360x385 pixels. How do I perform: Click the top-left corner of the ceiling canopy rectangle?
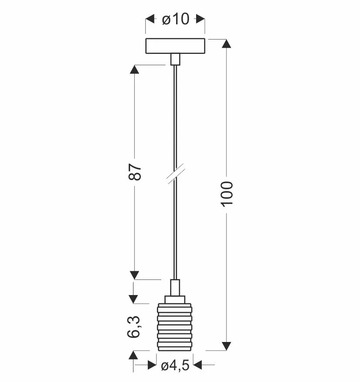[x=146, y=39]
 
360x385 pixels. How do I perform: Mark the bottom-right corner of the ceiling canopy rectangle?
[x=205, y=53]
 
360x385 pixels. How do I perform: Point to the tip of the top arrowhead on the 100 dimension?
[x=227, y=39]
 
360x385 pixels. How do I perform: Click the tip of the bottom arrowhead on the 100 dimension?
[x=227, y=350]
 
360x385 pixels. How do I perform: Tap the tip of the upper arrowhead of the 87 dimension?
[x=134, y=65]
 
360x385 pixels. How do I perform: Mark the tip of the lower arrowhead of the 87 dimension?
[x=134, y=279]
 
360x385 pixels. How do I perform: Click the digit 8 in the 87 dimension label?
[x=135, y=176]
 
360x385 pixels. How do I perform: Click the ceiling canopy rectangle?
[x=175, y=46]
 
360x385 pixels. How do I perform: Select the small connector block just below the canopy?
[x=175, y=60]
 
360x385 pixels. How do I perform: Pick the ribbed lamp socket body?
[x=175, y=327]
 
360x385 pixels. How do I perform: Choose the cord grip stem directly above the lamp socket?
[x=175, y=288]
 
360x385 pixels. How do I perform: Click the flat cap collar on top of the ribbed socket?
[x=175, y=300]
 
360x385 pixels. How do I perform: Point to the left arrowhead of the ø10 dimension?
[x=150, y=19]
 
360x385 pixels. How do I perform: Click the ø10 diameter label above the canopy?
[x=176, y=19]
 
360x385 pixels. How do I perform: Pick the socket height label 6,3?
[x=134, y=327]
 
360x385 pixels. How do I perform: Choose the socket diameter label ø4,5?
[x=175, y=365]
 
